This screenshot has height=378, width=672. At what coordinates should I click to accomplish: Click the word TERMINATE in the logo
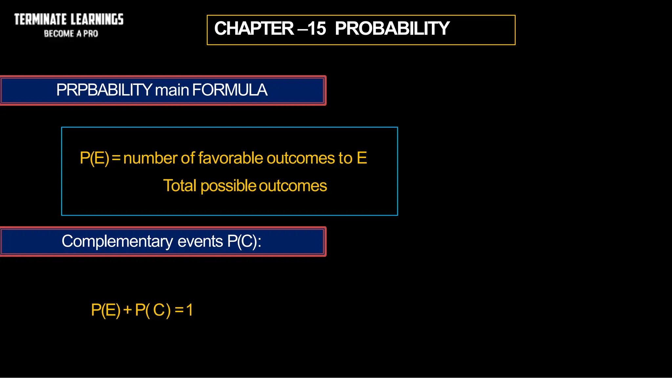40,19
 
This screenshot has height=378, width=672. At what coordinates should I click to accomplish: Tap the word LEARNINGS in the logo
97,19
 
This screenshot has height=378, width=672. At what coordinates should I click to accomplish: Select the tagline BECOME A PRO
71,34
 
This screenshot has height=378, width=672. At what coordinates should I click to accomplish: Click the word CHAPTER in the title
254,29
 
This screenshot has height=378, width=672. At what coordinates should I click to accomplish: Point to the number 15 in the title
317,29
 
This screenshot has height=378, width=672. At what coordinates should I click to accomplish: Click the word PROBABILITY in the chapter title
392,29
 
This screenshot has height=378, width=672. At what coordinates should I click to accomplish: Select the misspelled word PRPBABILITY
104,90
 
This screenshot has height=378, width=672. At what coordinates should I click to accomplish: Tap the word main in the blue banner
172,90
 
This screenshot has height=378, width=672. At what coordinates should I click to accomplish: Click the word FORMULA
230,90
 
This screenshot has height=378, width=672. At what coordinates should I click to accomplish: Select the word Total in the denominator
179,186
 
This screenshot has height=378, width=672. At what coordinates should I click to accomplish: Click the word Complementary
117,242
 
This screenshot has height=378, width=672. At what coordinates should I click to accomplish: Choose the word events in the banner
200,242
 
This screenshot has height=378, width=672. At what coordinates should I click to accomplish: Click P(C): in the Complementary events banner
244,242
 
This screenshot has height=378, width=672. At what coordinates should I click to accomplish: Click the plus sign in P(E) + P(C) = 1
128,310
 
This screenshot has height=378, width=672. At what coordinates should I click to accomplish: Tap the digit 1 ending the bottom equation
189,310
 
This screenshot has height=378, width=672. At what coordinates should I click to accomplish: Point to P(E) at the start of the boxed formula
94,158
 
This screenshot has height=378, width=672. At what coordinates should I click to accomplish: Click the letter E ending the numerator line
362,158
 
